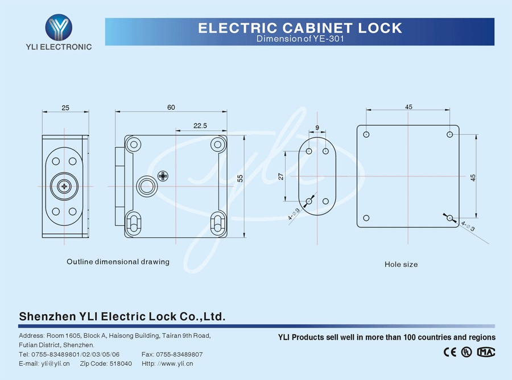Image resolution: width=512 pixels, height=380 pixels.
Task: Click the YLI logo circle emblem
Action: point(59,27)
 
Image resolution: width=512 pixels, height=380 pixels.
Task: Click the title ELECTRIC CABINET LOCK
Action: point(300,28)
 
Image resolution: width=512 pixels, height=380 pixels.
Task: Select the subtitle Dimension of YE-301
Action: point(300,39)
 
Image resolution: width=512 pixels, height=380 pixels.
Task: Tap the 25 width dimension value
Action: point(65,108)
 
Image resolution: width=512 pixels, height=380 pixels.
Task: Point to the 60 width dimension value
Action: point(171,108)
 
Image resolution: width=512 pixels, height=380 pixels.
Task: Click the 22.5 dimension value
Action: point(200,126)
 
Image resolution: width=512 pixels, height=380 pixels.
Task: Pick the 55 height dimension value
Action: point(240,178)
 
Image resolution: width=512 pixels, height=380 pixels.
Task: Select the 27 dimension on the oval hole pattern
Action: point(280,176)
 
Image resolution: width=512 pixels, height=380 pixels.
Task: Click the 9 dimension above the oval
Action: point(317,127)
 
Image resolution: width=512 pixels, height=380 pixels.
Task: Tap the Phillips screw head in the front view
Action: point(164,176)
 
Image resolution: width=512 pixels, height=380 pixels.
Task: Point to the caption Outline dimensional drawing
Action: point(118,262)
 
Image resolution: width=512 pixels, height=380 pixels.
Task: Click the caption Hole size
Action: point(401,265)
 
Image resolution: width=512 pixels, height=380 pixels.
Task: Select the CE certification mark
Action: point(449,352)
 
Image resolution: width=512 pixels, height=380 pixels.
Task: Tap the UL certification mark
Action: point(466,352)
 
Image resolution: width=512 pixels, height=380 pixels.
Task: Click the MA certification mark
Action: point(486,352)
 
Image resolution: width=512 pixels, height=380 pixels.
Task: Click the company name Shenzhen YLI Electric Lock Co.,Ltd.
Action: point(122,316)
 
